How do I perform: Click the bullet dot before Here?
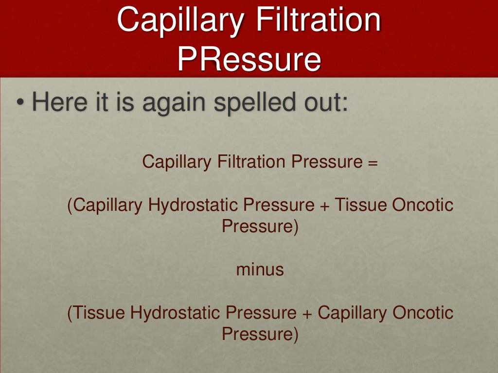point(19,103)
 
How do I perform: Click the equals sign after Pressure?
point(373,162)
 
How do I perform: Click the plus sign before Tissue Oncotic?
point(324,205)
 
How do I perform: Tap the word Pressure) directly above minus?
point(260,227)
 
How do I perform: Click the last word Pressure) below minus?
point(260,335)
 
